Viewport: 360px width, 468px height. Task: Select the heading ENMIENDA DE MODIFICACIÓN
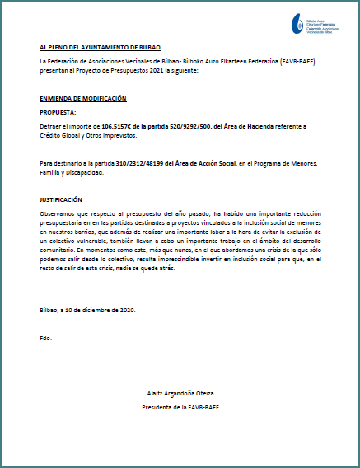pos(82,98)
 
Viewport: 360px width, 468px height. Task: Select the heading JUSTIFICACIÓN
pos(62,199)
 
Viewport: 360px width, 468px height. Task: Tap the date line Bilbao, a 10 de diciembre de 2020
pos(86,309)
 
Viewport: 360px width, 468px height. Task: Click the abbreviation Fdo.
pos(45,338)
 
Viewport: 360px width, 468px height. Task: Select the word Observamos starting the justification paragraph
pos(57,213)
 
